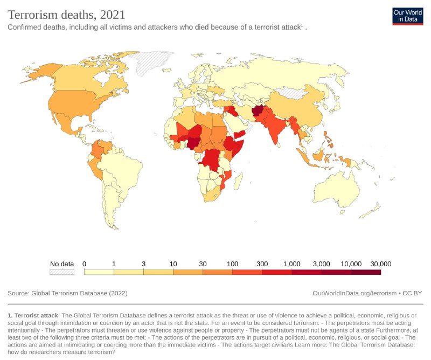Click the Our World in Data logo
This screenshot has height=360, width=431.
(407, 16)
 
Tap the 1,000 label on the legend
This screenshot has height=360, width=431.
(291, 264)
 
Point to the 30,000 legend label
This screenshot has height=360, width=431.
(380, 264)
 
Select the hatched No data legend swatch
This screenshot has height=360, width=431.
(61, 272)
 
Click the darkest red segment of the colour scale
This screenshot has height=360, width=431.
(366, 272)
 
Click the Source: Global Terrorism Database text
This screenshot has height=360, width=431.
(67, 293)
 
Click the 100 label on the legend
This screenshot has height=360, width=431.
(232, 264)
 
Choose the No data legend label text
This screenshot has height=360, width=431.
(61, 264)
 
